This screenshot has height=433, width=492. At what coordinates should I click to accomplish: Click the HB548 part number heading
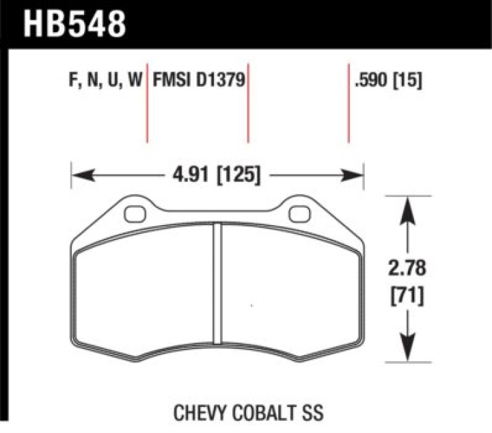pyautogui.click(x=74, y=24)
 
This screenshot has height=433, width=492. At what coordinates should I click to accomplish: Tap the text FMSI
pyautogui.click(x=172, y=79)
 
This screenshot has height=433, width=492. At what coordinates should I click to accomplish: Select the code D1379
pyautogui.click(x=221, y=79)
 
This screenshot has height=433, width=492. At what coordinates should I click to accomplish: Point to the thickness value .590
pyautogui.click(x=371, y=80)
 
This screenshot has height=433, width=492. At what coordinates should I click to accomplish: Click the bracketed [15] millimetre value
pyautogui.click(x=407, y=80)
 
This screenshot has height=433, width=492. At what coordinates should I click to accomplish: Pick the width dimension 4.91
pyautogui.click(x=191, y=174)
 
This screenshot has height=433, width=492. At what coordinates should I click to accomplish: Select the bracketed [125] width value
pyautogui.click(x=238, y=175)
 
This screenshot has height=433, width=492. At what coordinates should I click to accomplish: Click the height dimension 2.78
pyautogui.click(x=407, y=268)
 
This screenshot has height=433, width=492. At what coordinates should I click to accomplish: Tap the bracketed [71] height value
pyautogui.click(x=407, y=296)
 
